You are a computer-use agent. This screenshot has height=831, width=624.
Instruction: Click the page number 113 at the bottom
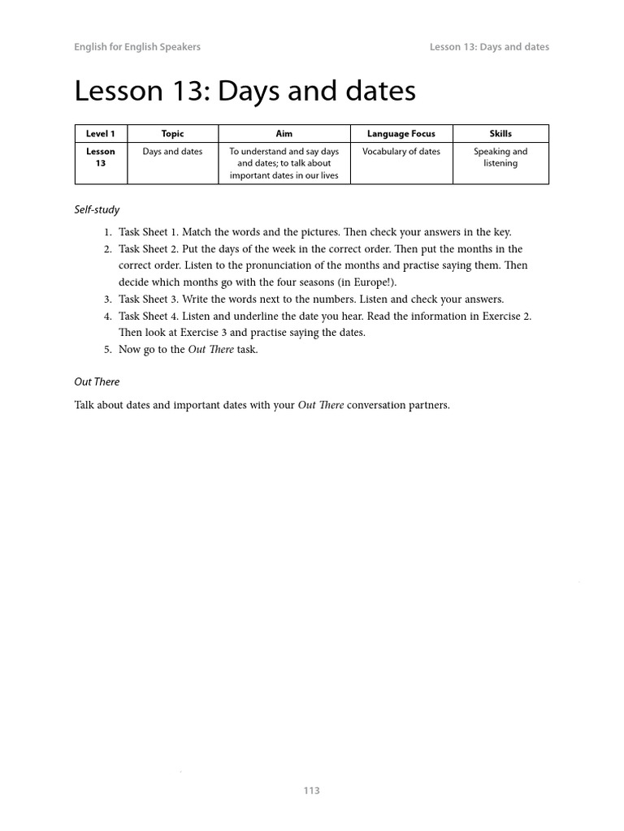[312, 790]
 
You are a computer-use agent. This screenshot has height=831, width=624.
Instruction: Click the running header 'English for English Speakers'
[137, 47]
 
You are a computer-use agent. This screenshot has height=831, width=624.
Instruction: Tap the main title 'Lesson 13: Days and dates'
[245, 91]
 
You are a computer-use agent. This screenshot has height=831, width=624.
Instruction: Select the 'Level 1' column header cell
[101, 134]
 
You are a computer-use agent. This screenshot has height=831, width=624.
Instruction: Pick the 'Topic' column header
[172, 134]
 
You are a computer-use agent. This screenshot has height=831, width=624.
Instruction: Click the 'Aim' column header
[284, 134]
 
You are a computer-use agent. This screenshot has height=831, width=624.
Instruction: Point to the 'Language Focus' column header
[401, 134]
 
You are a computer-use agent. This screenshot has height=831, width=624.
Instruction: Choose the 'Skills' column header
[500, 134]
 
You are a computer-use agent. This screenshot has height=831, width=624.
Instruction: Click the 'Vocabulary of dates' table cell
[401, 152]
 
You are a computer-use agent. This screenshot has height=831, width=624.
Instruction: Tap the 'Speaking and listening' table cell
[500, 157]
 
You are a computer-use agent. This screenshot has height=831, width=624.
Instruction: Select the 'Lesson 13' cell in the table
[101, 157]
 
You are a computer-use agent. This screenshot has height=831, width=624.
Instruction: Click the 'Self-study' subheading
[97, 210]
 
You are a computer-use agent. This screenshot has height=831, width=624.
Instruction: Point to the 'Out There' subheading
[97, 381]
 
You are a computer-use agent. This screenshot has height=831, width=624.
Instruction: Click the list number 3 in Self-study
[107, 299]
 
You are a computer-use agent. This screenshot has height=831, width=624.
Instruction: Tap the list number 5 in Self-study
[107, 350]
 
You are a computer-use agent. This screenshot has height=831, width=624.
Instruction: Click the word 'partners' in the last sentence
[427, 405]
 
